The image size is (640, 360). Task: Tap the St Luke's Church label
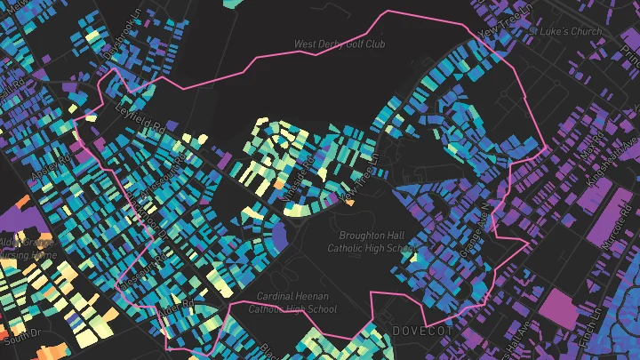coord(565,31)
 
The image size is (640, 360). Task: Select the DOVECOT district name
coord(422,331)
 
